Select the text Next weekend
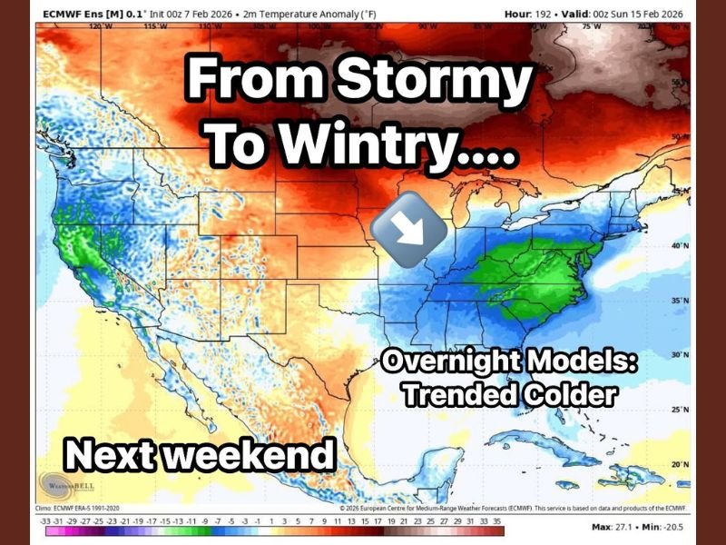pyautogui.click(x=200, y=454)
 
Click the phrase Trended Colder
pyautogui.click(x=510, y=394)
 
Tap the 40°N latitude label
pyautogui.click(x=678, y=246)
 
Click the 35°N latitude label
pyautogui.click(x=678, y=301)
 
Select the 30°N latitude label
pyautogui.click(x=678, y=355)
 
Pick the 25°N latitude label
pyautogui.click(x=678, y=410)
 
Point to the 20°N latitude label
pyautogui.click(x=678, y=464)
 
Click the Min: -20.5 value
pyautogui.click(x=667, y=528)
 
